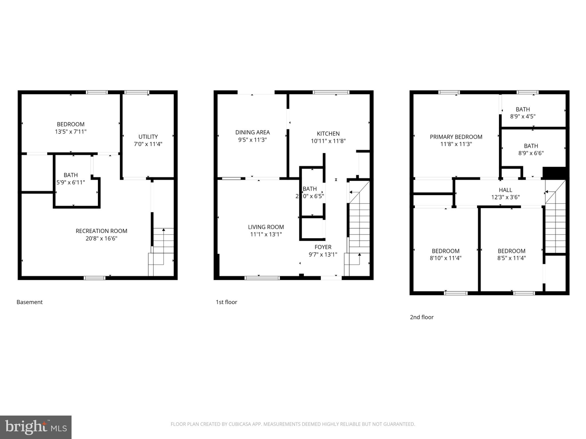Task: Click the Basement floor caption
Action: click(29, 302)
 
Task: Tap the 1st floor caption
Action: click(226, 302)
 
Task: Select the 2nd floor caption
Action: click(421, 317)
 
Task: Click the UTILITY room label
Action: click(148, 137)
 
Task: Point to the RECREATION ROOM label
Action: click(101, 231)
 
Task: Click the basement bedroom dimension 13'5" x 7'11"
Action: click(71, 132)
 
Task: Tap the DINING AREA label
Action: click(252, 132)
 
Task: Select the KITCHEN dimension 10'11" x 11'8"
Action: click(328, 141)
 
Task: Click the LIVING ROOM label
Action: click(266, 227)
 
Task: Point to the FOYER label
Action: click(323, 247)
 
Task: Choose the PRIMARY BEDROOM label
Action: click(456, 137)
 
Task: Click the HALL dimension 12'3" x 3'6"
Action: click(505, 197)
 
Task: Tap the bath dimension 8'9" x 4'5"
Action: click(522, 117)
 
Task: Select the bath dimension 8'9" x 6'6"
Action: click(531, 153)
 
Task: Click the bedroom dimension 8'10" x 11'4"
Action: click(446, 258)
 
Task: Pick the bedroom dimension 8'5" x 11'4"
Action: click(511, 258)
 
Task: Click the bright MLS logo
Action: click(36, 427)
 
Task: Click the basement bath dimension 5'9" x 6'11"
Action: click(71, 182)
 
